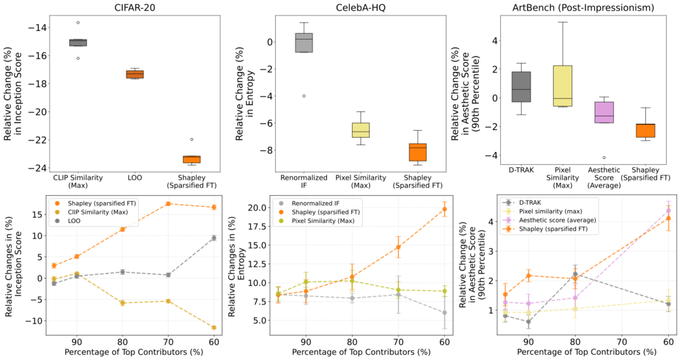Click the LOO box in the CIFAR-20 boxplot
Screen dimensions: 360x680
(x=135, y=74)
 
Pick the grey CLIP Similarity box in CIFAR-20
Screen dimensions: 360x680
(x=78, y=43)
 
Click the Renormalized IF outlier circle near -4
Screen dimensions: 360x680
(x=304, y=96)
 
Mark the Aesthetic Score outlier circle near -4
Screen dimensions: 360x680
(x=604, y=157)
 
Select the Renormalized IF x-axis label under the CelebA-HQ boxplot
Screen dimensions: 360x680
(x=304, y=181)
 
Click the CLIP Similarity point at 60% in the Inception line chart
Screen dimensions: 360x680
(x=214, y=327)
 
